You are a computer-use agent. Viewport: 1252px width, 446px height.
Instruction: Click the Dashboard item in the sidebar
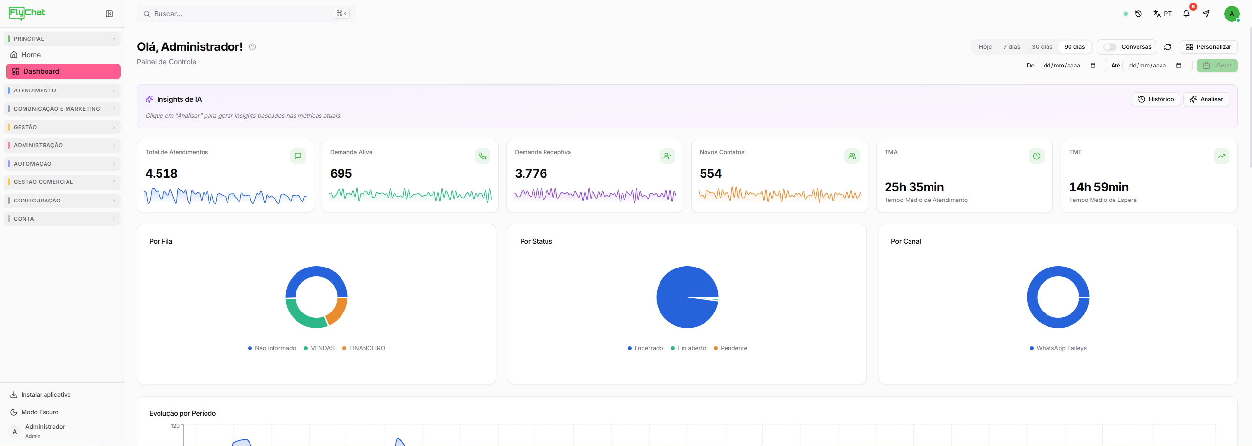point(63,71)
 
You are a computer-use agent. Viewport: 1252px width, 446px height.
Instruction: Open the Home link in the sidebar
point(31,55)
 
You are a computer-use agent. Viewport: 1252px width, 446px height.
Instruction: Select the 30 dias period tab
point(1042,47)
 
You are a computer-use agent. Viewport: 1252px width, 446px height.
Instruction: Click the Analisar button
point(1206,99)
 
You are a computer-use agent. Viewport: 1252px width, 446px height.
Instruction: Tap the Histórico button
point(1156,99)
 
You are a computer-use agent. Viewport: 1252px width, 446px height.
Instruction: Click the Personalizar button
point(1208,47)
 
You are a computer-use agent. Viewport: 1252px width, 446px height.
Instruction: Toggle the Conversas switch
point(1110,47)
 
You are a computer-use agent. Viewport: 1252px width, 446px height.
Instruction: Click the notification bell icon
point(1186,14)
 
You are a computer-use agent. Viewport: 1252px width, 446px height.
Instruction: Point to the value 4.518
point(161,174)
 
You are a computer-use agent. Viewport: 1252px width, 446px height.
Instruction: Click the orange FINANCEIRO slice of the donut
point(337,312)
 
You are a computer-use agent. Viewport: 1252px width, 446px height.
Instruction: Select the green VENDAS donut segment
point(301,318)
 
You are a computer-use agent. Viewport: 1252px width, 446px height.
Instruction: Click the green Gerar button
point(1217,66)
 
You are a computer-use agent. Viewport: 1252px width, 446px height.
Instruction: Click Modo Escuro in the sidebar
point(40,412)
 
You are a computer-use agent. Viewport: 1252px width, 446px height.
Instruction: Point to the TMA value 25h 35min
point(914,187)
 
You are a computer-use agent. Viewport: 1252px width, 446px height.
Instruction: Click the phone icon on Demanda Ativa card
point(482,156)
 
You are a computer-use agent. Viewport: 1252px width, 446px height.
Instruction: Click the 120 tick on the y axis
point(175,426)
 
